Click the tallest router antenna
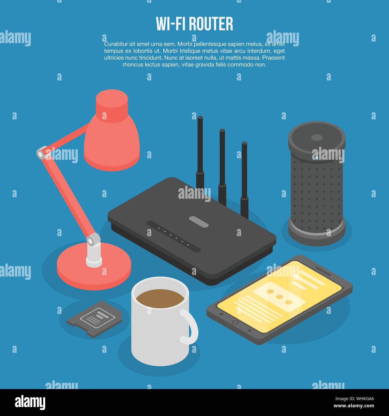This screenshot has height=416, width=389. [x=200, y=144]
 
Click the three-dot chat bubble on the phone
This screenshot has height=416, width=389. [x=279, y=297]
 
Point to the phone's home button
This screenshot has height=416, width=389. [x=235, y=322]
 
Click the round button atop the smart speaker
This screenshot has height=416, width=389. [x=317, y=138]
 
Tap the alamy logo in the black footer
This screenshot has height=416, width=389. [x=30, y=403]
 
